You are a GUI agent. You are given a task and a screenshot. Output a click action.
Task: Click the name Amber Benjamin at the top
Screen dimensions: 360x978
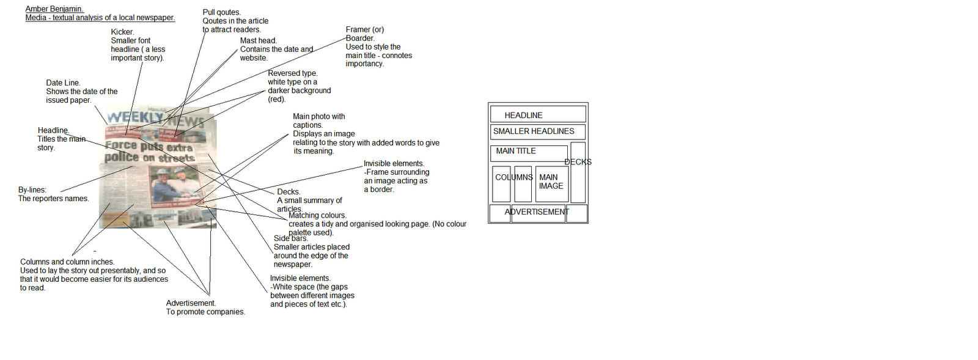coord(54,9)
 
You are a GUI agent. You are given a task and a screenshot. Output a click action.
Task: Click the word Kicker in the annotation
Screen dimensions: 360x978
coord(122,32)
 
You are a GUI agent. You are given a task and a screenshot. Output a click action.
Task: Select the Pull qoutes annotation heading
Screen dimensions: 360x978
coord(221,12)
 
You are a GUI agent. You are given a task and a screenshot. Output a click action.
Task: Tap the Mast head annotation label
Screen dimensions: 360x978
coord(258,41)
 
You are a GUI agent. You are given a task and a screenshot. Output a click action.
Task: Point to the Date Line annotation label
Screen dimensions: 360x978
coord(63,83)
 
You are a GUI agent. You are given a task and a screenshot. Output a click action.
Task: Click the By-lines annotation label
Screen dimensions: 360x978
coord(32,190)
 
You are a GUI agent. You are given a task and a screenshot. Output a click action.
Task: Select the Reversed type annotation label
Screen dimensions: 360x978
coord(292,73)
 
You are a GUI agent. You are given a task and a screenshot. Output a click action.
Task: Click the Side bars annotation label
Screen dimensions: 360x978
coord(290,239)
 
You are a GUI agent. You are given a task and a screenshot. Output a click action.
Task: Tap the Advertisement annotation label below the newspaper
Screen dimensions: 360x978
coord(191,303)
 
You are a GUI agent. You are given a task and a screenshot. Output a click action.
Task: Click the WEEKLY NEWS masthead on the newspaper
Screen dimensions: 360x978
coord(155,118)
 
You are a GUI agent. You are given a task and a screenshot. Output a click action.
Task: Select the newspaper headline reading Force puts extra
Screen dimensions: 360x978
coord(149,147)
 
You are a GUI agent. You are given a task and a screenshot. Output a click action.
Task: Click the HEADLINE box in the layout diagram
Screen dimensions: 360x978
coord(537,115)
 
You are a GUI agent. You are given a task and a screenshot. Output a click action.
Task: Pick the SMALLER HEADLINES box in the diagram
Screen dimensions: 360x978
coord(537,131)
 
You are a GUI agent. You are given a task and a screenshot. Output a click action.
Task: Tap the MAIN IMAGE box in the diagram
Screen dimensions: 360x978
coord(551,182)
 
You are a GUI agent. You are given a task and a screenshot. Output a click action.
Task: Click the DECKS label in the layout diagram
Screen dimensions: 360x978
coord(578,162)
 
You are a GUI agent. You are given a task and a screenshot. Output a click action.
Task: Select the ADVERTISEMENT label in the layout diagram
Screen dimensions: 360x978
coord(537,212)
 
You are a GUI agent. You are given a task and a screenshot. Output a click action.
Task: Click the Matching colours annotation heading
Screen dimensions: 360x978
coord(317,216)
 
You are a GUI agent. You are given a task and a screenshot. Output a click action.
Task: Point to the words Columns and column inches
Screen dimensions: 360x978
coord(67,262)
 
